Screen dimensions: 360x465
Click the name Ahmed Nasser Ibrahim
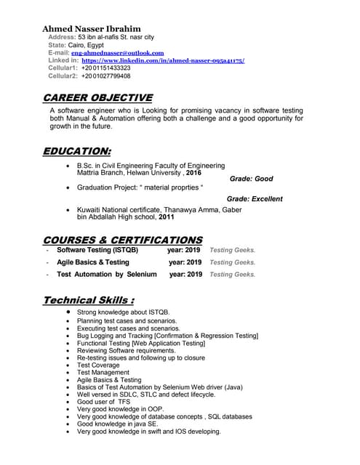point(91,28)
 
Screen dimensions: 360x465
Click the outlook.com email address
point(117,53)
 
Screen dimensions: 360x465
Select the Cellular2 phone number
point(106,76)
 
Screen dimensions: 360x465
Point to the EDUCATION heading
point(77,151)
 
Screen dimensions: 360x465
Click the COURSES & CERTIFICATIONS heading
point(123,240)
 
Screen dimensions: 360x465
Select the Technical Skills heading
point(88,300)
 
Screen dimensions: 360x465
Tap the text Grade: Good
point(251,179)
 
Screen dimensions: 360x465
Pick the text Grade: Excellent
point(254,198)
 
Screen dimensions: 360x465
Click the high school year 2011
point(167,217)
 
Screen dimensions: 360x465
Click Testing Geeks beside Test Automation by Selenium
point(232,275)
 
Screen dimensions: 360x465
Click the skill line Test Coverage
point(98,365)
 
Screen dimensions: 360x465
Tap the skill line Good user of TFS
point(104,402)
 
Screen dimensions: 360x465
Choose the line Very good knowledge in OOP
point(120,409)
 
